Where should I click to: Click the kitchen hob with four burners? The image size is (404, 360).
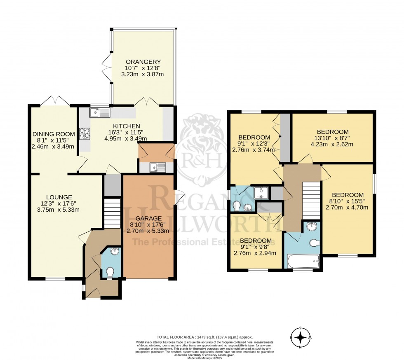click(85, 133)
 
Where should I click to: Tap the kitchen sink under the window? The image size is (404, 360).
click(100, 112)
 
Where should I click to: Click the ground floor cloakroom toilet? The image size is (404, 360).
click(110, 272)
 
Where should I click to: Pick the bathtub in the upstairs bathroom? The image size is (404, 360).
click(303, 261)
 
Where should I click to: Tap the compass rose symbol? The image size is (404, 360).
click(301, 337)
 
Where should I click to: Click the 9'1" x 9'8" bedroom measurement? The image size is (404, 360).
click(256, 247)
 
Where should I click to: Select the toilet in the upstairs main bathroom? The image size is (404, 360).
click(315, 243)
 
